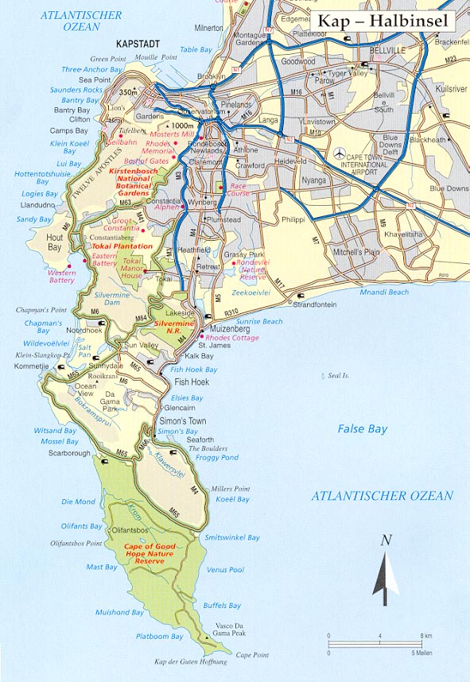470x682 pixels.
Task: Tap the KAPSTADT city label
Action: [x=138, y=45]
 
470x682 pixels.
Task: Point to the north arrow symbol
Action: [x=385, y=576]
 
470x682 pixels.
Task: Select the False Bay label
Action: [x=362, y=429]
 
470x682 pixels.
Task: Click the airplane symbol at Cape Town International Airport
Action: [x=340, y=152]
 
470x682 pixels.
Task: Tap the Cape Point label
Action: [x=252, y=655]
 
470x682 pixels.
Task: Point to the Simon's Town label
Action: [x=185, y=420]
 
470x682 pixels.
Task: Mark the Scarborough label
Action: [x=70, y=453]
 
